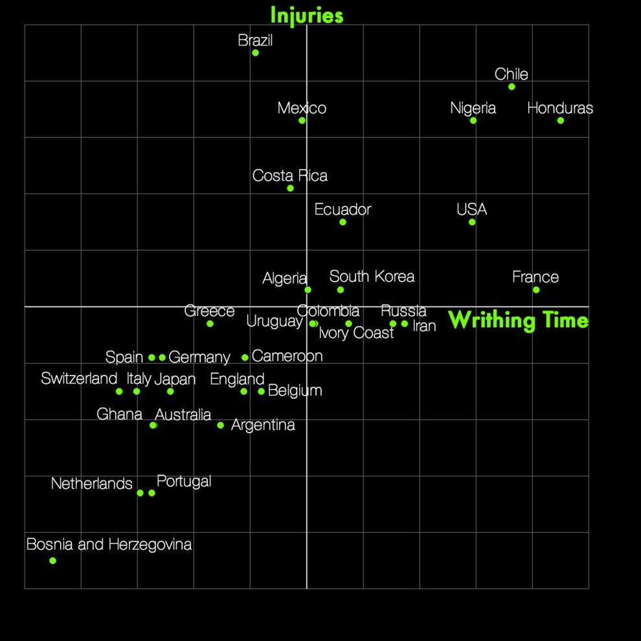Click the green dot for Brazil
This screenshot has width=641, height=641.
tap(256, 52)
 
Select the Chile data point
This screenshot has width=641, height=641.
tap(512, 87)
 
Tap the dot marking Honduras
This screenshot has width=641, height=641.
tap(561, 120)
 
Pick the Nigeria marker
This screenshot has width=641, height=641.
tap(473, 120)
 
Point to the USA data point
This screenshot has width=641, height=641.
tap(472, 222)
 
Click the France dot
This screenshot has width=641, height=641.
tap(536, 290)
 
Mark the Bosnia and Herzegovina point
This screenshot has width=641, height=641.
tap(52, 561)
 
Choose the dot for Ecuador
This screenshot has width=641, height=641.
tap(343, 222)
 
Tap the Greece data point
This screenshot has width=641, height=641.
tap(210, 324)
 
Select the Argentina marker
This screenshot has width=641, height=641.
tap(220, 425)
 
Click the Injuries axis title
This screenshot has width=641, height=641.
tap(307, 16)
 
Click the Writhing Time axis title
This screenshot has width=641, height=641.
tap(519, 320)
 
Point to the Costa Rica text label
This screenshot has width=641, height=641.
tap(290, 175)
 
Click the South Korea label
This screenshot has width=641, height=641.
tap(372, 276)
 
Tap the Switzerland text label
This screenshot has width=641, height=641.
tap(79, 379)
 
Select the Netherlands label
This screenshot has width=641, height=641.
tap(91, 484)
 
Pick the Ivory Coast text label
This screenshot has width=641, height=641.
tap(356, 333)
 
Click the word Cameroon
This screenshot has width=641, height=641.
tap(287, 356)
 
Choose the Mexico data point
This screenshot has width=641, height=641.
tap(302, 120)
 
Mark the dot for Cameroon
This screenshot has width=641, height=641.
tap(245, 357)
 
